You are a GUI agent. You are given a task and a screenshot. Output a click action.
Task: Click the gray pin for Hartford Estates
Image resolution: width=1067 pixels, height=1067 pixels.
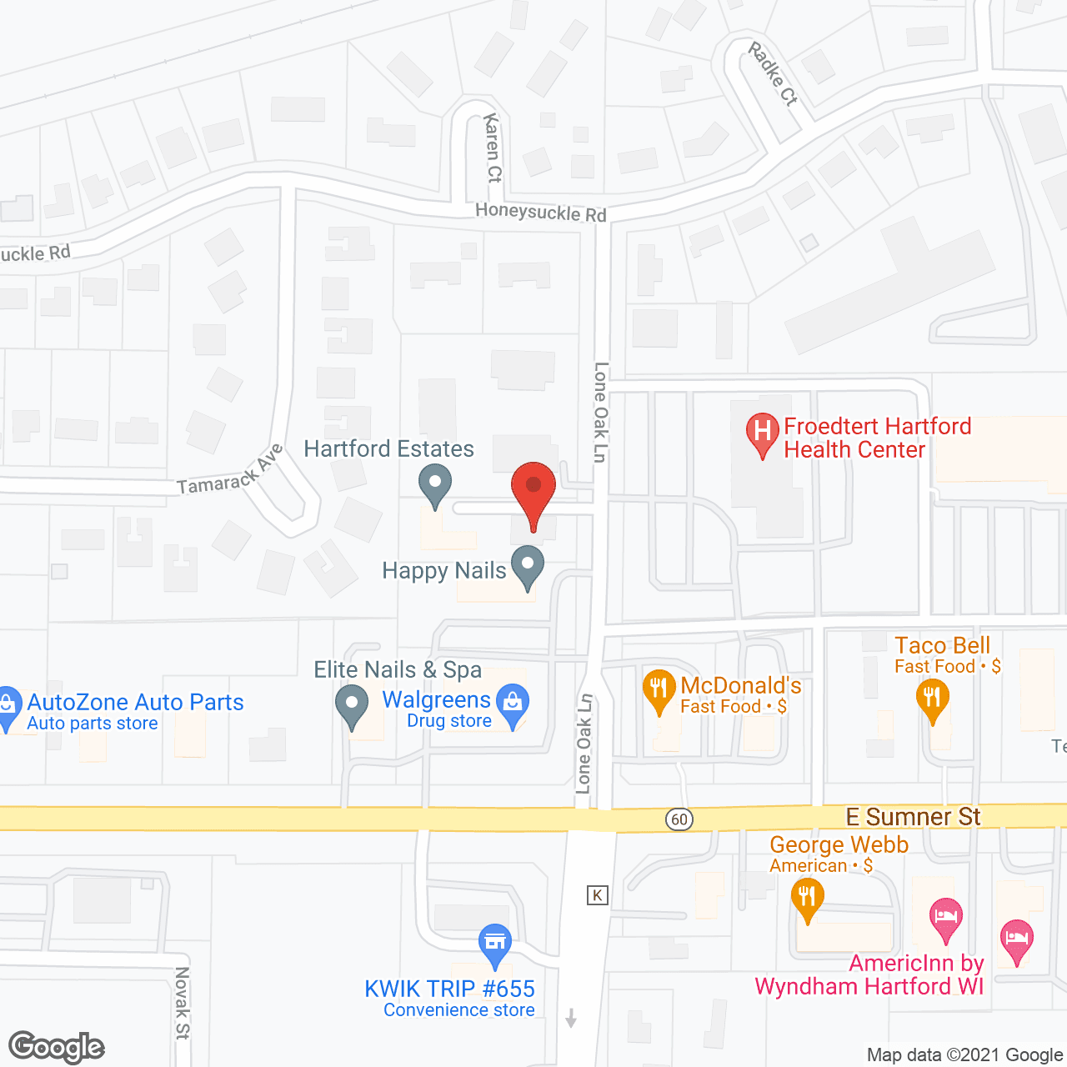[434, 484]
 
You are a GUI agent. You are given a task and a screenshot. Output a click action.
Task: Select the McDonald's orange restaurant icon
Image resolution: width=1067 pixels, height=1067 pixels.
[659, 689]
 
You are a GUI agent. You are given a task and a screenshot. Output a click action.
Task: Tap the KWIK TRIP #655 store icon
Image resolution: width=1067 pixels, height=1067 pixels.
[495, 944]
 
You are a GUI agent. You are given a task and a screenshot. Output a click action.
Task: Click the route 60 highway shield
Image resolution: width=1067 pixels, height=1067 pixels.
[679, 819]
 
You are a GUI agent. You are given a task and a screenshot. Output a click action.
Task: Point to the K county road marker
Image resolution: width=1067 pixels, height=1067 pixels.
[597, 895]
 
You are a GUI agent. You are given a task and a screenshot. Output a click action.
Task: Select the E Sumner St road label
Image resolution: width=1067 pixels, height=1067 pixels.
[913, 817]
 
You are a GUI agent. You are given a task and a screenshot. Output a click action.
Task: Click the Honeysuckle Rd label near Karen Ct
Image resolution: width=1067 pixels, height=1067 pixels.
[540, 212]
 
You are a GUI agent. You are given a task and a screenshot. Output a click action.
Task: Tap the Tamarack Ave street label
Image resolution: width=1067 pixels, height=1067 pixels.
[230, 471]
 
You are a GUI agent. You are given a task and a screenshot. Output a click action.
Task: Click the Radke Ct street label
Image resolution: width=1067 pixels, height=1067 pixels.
[773, 73]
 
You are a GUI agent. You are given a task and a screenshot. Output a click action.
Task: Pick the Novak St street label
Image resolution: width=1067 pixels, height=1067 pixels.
[182, 1003]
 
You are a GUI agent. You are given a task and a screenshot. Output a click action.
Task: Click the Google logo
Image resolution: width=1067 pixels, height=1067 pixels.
[57, 1047]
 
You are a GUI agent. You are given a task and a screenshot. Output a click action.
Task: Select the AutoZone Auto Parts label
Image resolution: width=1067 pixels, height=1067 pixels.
[135, 703]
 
